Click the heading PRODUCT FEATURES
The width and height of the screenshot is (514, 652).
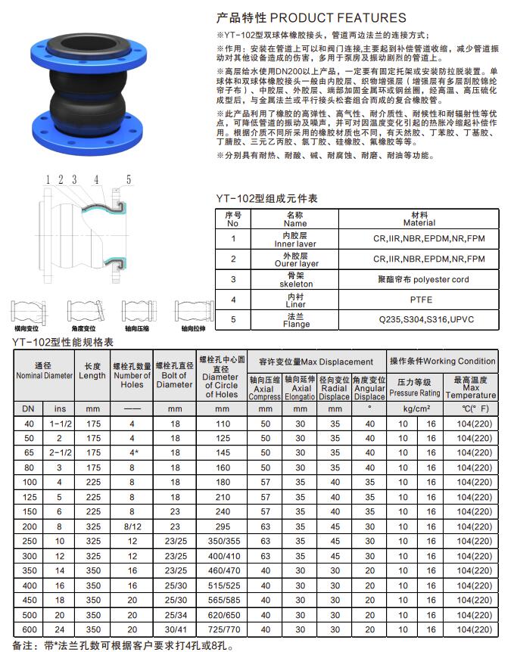[310, 17]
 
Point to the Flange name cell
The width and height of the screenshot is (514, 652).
[296, 320]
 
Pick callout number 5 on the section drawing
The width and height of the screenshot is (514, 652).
[129, 179]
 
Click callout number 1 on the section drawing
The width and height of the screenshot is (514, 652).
[48, 179]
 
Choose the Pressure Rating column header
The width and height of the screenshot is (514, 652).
[415, 387]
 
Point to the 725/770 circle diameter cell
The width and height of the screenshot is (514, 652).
[220, 629]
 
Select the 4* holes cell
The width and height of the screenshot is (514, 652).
[132, 452]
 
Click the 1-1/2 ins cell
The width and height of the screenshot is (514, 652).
[60, 424]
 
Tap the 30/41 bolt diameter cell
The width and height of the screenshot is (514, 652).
[175, 629]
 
